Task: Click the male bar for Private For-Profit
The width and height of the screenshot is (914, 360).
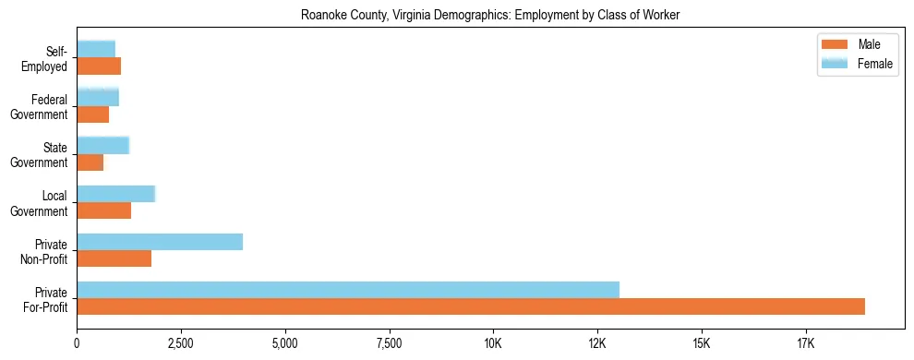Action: (471, 306)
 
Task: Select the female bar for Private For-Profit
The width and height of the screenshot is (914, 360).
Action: (348, 290)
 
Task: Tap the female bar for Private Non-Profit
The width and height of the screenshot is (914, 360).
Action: (160, 242)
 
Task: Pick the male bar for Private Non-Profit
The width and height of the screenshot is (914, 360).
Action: (114, 258)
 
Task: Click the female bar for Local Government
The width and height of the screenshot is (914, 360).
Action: (115, 194)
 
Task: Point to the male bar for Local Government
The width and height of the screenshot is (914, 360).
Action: (104, 210)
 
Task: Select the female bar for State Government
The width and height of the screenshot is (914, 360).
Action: (102, 145)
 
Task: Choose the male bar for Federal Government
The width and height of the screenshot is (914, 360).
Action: (93, 114)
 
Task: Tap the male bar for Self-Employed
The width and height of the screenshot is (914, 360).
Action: (99, 66)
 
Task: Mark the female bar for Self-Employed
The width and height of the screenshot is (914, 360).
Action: (96, 49)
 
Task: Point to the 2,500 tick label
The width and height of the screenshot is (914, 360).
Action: (181, 345)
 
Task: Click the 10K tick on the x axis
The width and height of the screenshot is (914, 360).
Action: (494, 345)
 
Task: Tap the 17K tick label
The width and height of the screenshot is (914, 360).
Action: (806, 345)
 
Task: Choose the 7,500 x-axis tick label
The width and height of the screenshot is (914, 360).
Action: (390, 345)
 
